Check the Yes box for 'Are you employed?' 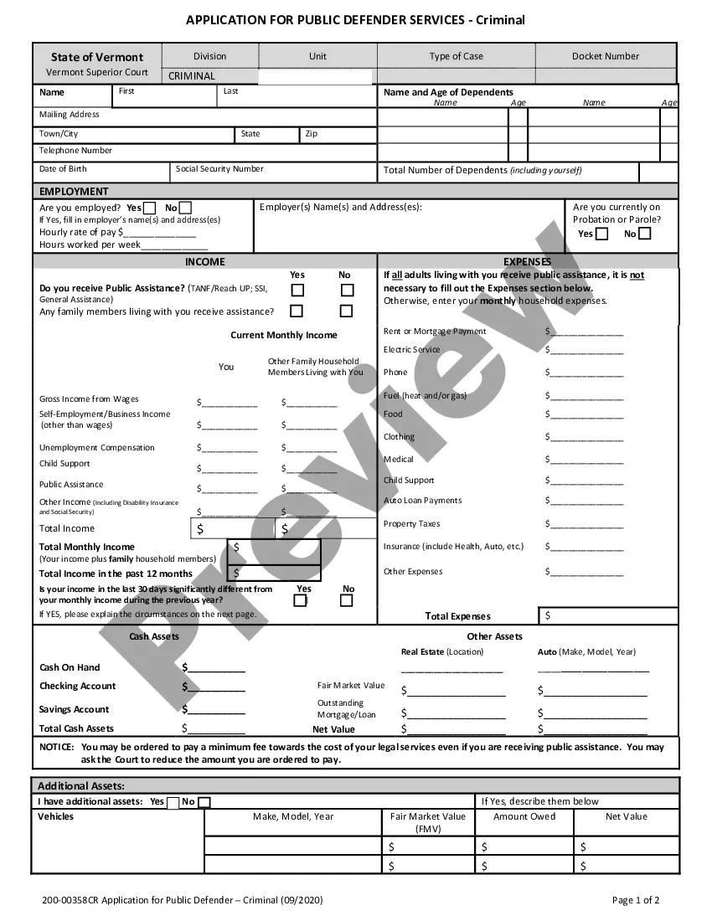[150, 208]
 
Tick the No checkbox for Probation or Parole [644, 234]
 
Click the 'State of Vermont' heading [97, 57]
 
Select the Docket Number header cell [606, 56]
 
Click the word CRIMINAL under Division [192, 76]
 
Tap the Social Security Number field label [219, 169]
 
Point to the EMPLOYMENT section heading [74, 192]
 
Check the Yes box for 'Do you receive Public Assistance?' [297, 290]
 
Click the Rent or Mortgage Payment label [435, 332]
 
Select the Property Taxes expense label [411, 524]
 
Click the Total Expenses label [457, 616]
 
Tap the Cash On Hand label [70, 667]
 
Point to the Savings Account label [75, 709]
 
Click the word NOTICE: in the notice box [57, 747]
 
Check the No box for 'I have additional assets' [204, 802]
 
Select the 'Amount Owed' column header [524, 816]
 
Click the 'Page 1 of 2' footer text [636, 900]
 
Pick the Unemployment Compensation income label [97, 448]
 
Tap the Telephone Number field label [75, 151]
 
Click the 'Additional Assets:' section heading [81, 786]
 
